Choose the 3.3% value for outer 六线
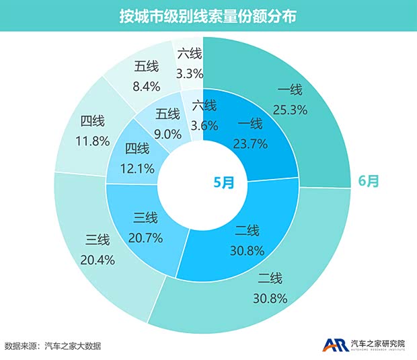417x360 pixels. [x=188, y=71]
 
